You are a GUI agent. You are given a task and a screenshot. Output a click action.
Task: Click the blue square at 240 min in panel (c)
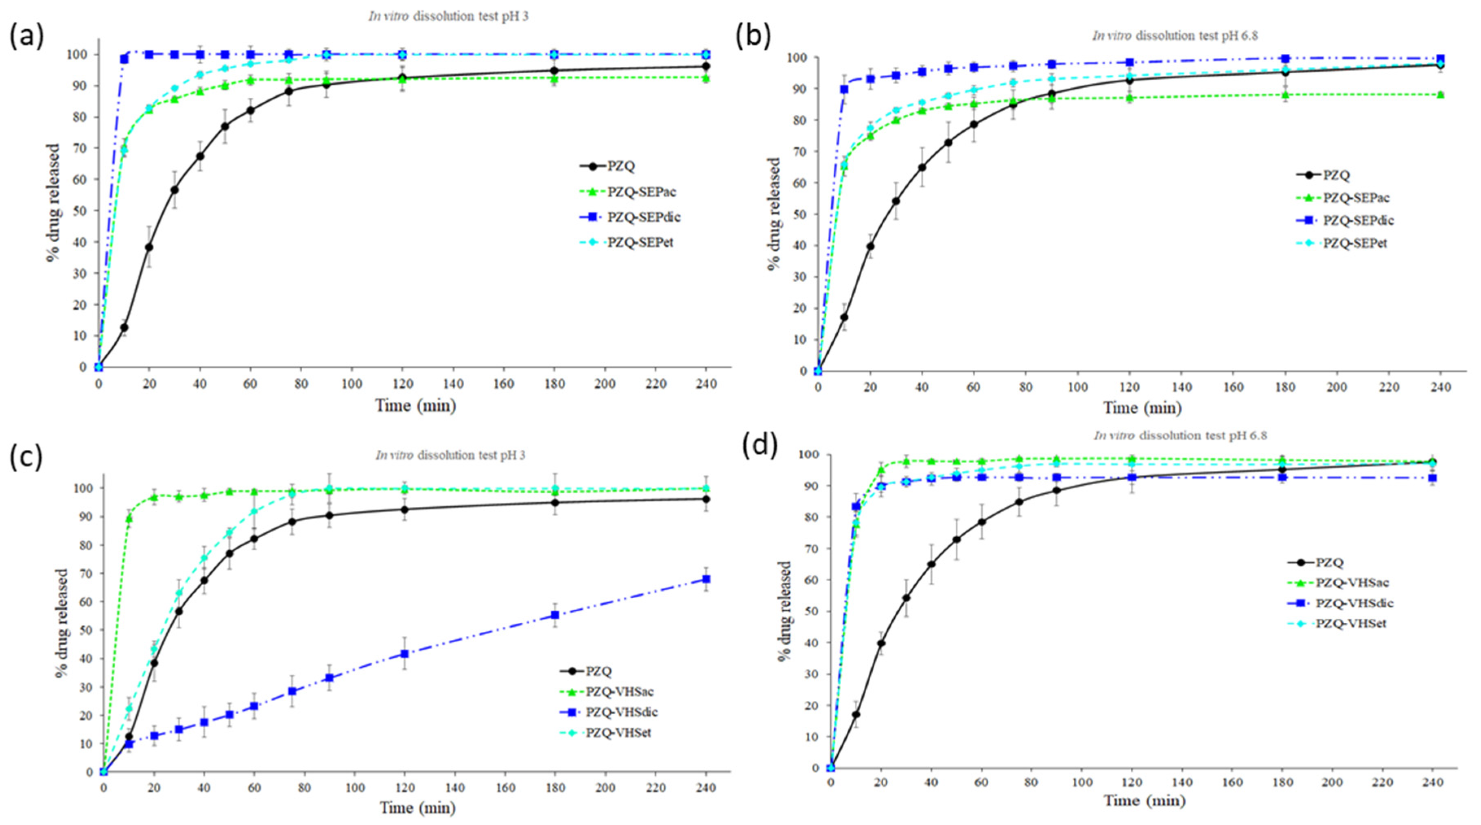tap(706, 579)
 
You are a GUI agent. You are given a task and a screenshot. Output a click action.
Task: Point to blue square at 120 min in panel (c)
tap(405, 654)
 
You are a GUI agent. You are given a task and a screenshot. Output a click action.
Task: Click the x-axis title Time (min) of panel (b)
tap(1142, 408)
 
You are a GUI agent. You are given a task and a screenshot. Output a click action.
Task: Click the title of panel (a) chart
tap(448, 17)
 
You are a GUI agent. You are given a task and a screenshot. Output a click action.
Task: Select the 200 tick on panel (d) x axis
tap(1332, 782)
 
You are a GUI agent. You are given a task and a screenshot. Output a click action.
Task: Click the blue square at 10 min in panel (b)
tap(844, 89)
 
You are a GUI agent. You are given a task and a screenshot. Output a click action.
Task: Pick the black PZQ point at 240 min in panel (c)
tap(706, 499)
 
